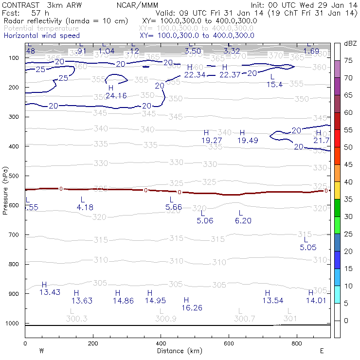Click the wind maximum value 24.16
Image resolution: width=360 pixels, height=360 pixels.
coord(116,96)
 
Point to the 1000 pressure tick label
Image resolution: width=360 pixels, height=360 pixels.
coord(14,324)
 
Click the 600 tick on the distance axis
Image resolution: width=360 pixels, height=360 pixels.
coord(229,343)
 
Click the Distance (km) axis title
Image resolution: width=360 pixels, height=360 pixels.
coord(178,351)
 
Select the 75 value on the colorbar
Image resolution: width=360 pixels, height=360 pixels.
coord(348,61)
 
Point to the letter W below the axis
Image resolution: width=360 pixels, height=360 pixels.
coord(41,351)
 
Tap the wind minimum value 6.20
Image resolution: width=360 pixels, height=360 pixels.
coord(243,220)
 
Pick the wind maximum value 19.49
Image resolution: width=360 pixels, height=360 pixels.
coord(247,140)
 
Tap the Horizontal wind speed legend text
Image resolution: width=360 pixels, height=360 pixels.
coord(41,36)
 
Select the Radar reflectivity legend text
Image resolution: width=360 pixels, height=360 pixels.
coord(66,21)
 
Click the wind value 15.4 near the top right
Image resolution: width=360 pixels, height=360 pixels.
coord(275,84)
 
